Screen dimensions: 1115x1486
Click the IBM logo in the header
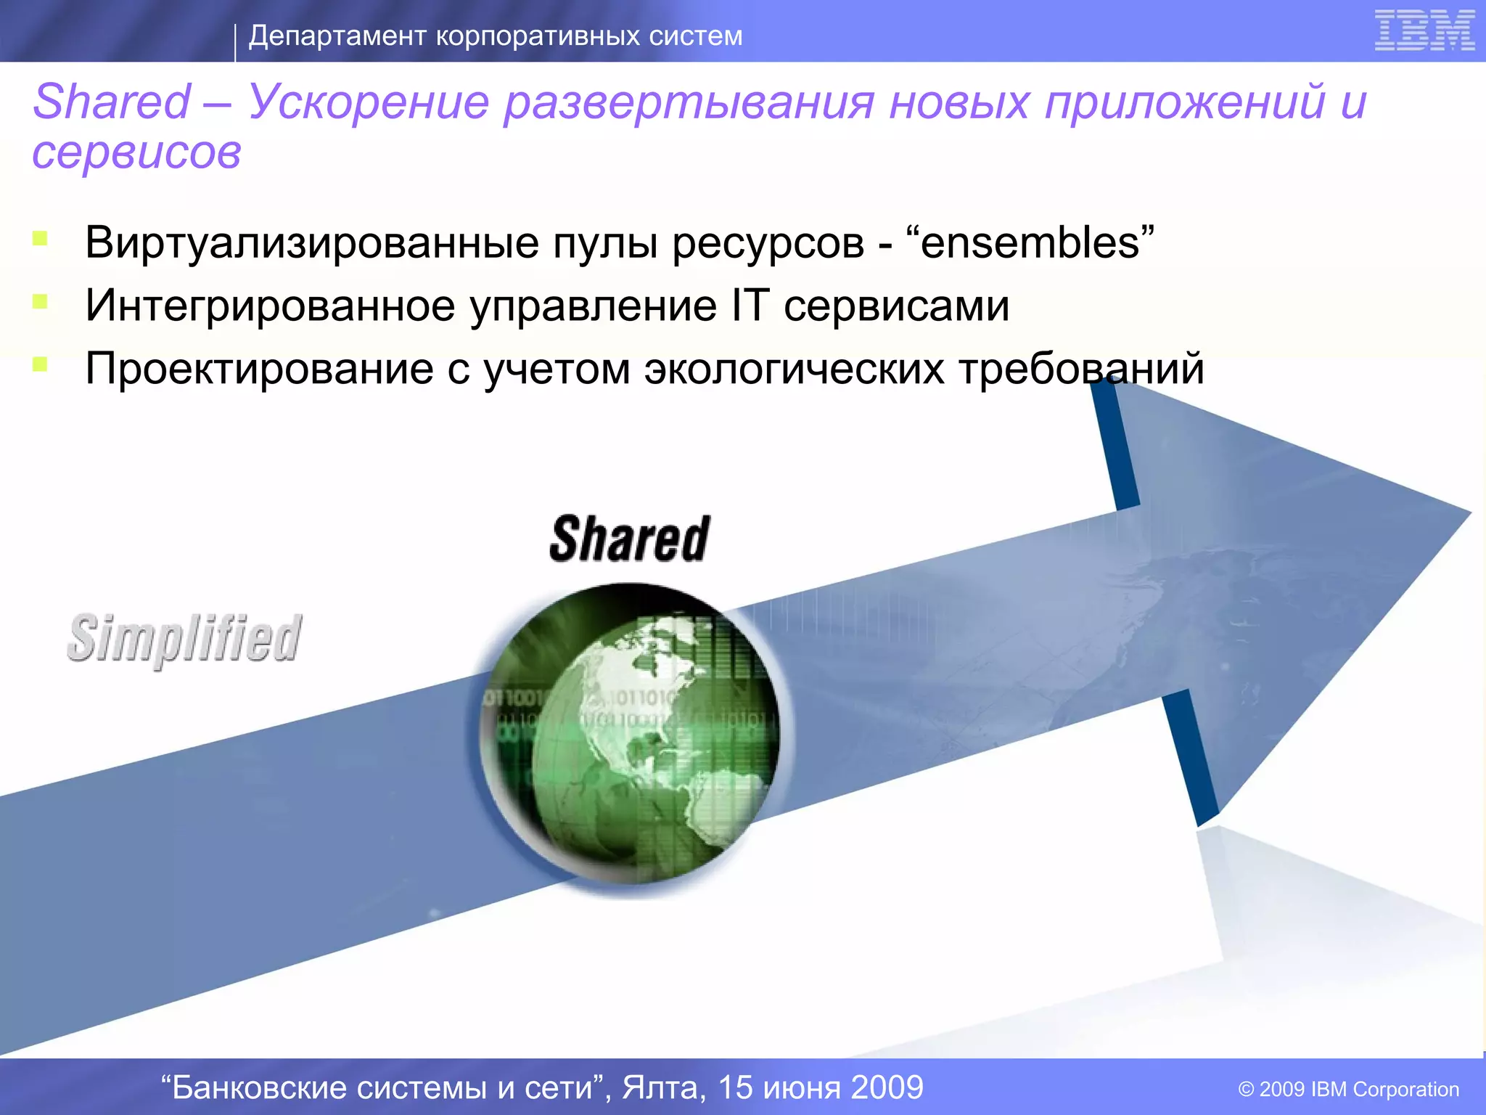(x=1424, y=31)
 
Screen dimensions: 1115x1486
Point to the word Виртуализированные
(x=312, y=242)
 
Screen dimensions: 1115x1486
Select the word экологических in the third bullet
(x=795, y=369)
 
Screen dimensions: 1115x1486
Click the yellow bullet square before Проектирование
(x=40, y=364)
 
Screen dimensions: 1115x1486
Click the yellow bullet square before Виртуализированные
(x=40, y=238)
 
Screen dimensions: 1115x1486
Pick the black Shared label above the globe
(x=630, y=539)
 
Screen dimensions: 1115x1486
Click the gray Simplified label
(x=184, y=639)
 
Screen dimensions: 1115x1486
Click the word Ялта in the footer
(x=664, y=1087)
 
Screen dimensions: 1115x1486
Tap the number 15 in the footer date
(x=735, y=1087)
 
